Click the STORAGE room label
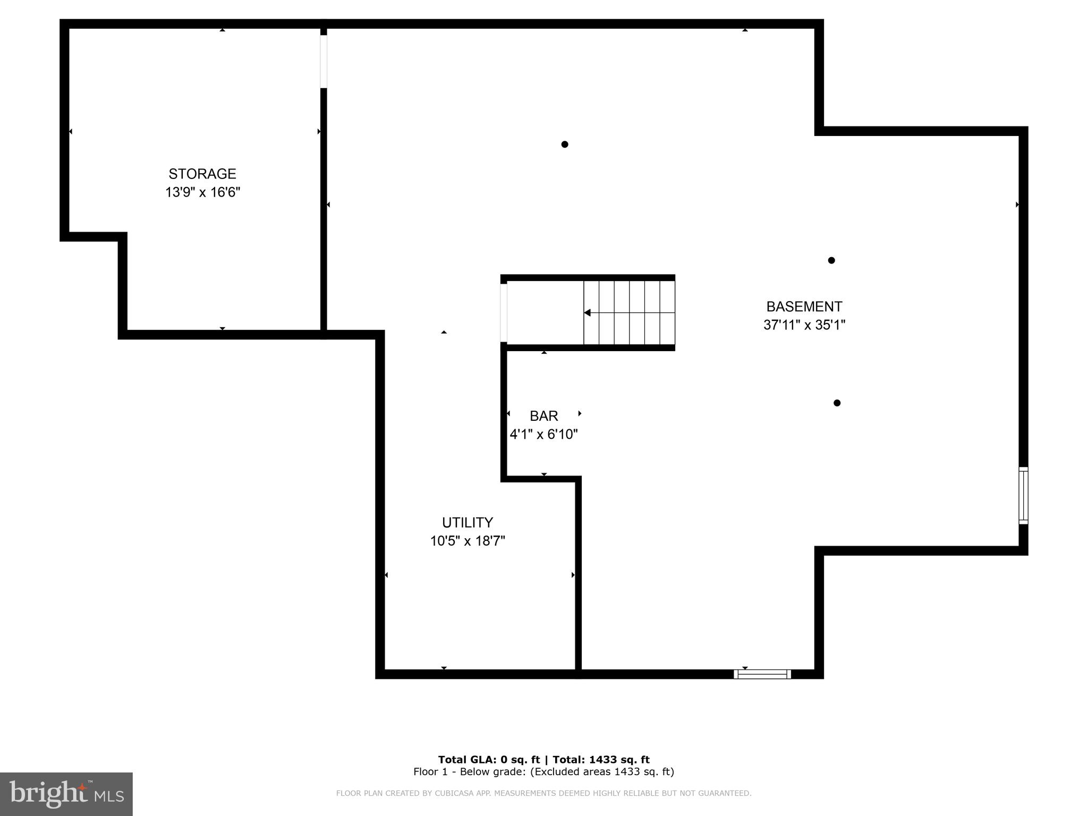(x=202, y=174)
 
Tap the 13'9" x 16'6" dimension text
(x=202, y=192)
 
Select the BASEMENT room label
(x=804, y=307)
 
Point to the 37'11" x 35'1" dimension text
(x=804, y=325)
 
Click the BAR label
(x=543, y=416)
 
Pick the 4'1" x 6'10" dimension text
(x=543, y=435)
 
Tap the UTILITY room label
(x=467, y=522)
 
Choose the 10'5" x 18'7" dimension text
(x=467, y=541)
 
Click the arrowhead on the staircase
(x=587, y=313)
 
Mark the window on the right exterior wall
(x=1023, y=495)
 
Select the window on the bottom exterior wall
(x=762, y=674)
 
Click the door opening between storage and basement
(x=324, y=61)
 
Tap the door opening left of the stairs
(x=504, y=312)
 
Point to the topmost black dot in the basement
(x=565, y=144)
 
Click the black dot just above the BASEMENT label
(x=831, y=260)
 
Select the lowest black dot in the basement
(x=837, y=403)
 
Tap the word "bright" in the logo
(x=48, y=794)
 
